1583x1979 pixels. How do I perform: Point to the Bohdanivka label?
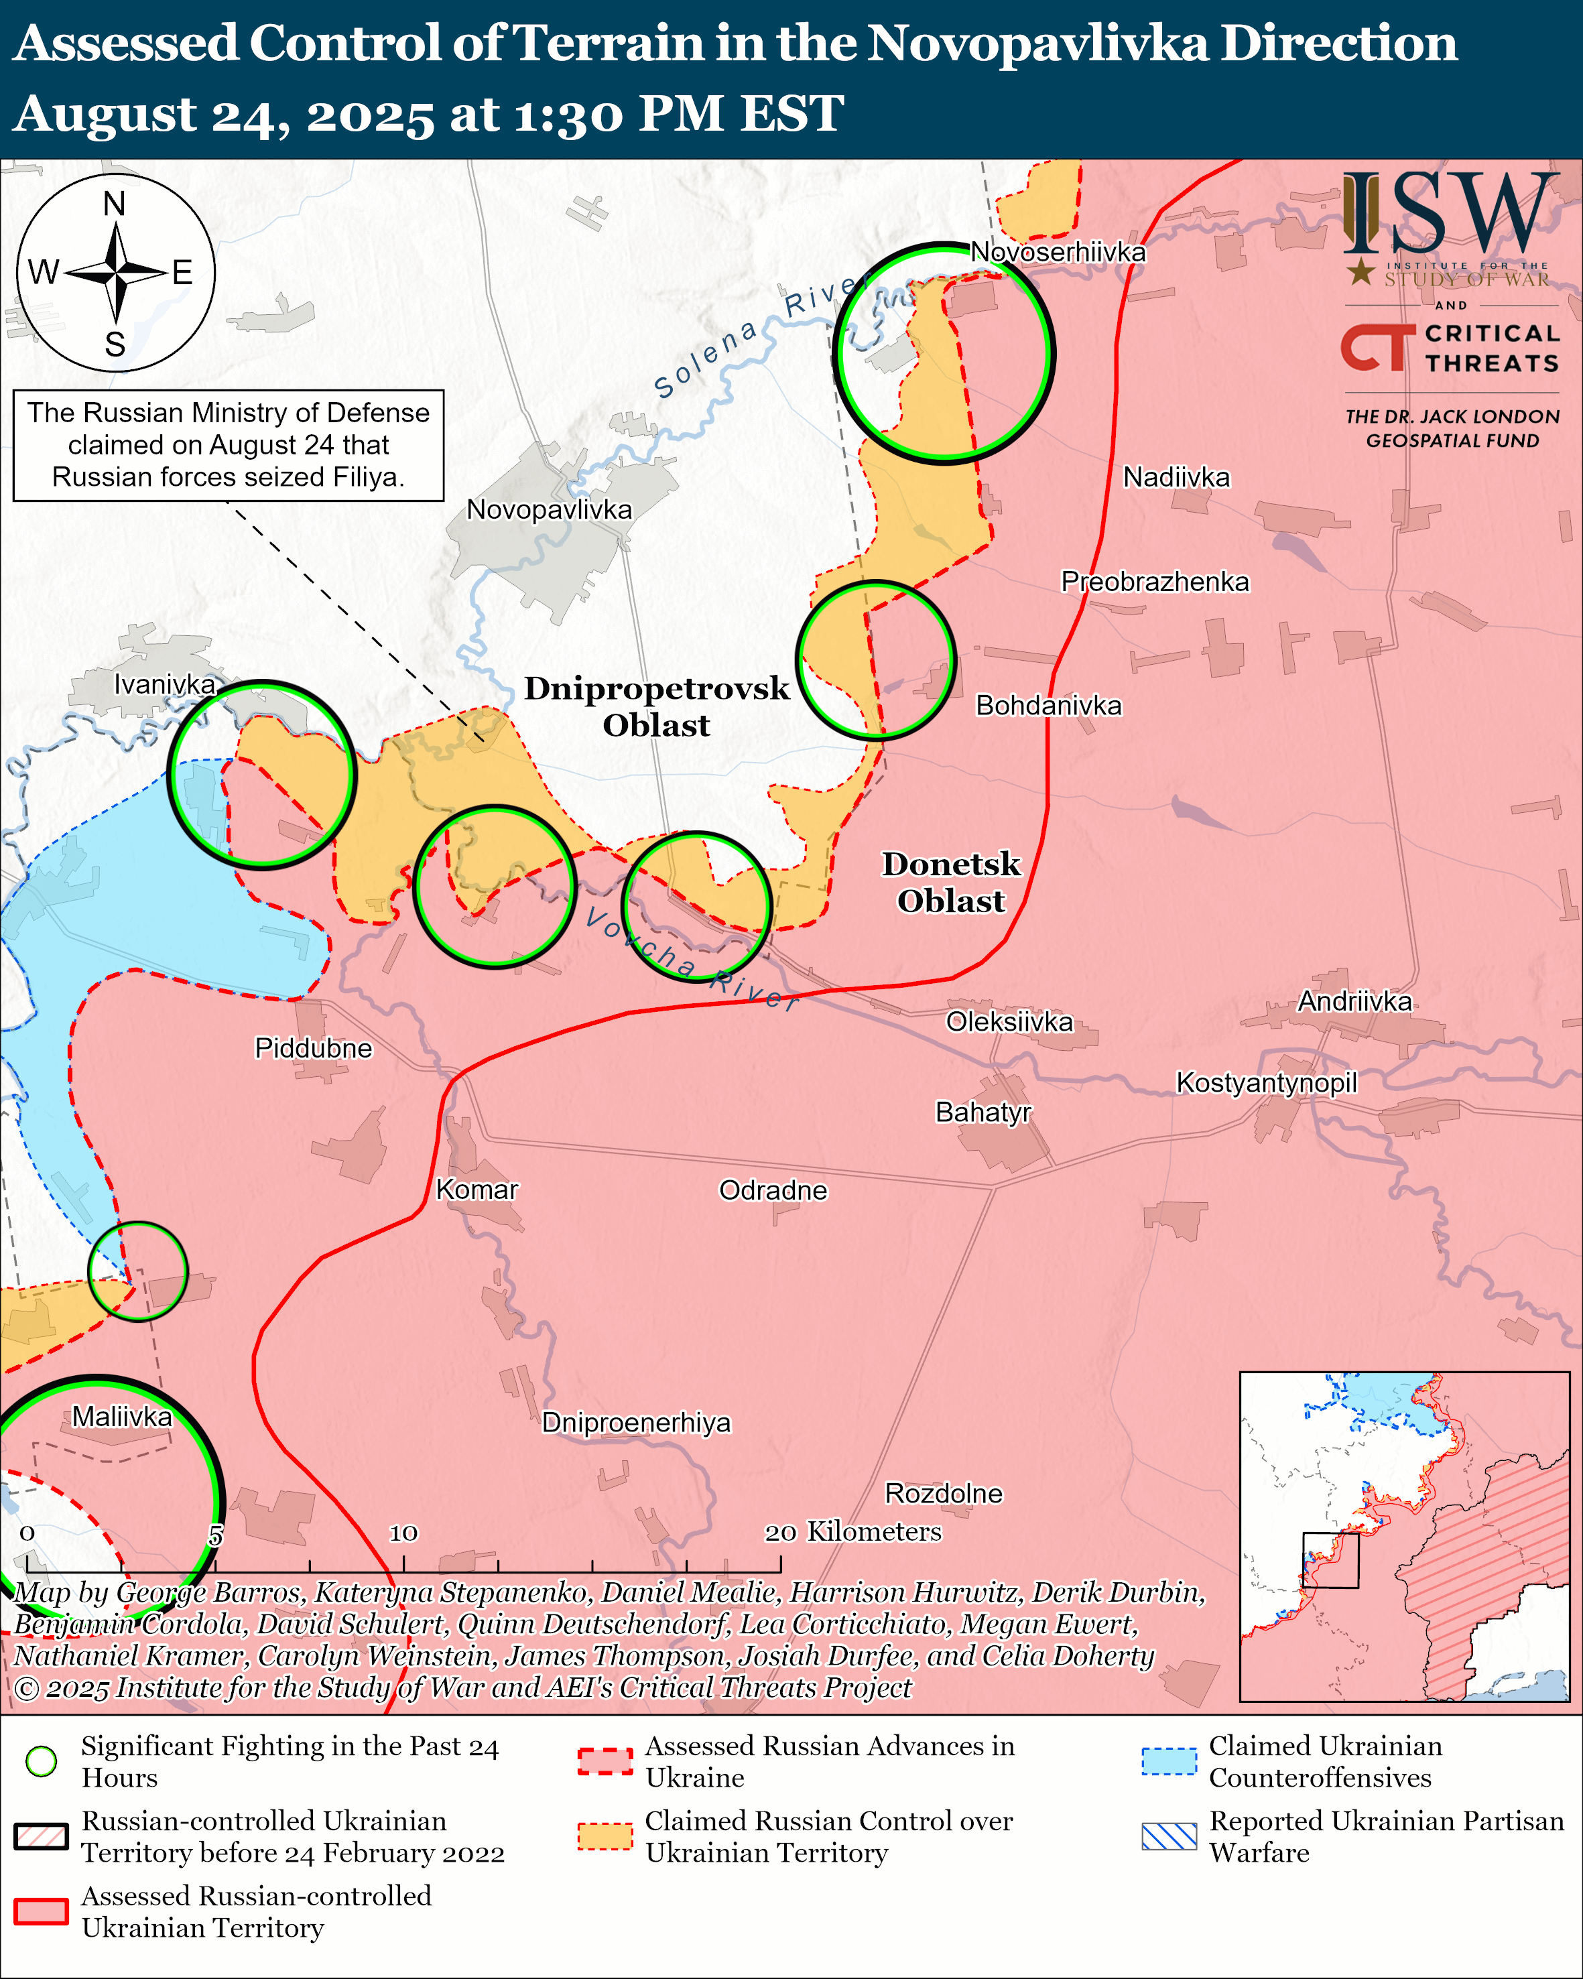(x=1048, y=705)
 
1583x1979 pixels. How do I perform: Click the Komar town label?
(x=477, y=1190)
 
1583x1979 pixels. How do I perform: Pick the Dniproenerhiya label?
(x=636, y=1423)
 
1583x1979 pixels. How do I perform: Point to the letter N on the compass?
(x=115, y=204)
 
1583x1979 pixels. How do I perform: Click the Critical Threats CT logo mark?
(x=1377, y=347)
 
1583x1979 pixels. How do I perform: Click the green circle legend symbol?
(x=42, y=1761)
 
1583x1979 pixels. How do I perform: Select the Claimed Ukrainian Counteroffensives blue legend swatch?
(x=1169, y=1761)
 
